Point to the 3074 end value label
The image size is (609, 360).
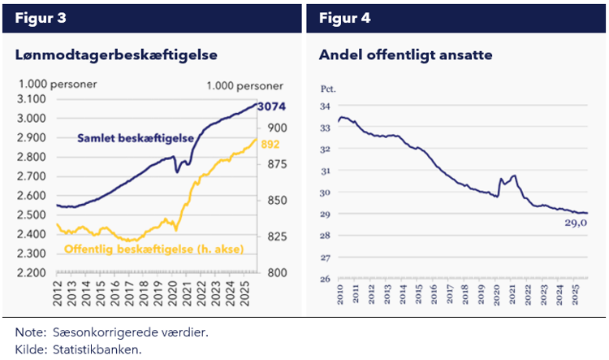(x=271, y=107)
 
